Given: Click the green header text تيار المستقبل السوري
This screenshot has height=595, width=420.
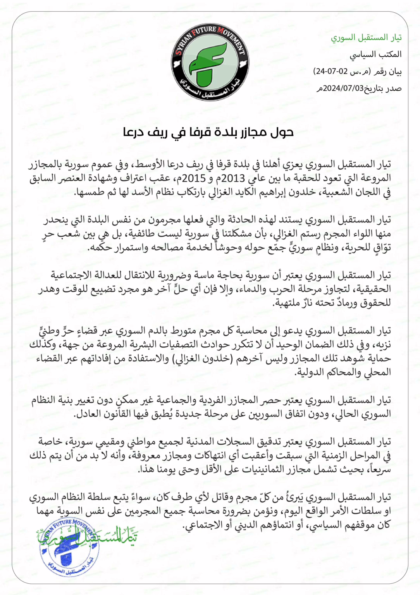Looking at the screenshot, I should pyautogui.click(x=366, y=38).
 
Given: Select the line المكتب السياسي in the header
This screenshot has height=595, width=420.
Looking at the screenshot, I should pyautogui.click(x=375, y=55).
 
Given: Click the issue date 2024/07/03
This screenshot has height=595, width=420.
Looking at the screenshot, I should pyautogui.click(x=344, y=89).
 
